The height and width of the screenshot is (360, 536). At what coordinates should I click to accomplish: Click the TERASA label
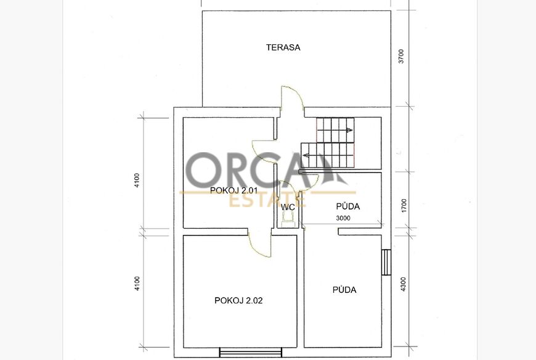tap(283, 47)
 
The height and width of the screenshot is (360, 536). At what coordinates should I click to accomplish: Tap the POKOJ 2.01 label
tap(233, 190)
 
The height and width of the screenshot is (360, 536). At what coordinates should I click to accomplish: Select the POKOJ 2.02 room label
tap(238, 300)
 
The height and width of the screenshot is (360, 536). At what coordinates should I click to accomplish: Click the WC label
tap(288, 207)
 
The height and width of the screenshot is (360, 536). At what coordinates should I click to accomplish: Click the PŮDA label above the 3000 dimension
tap(347, 206)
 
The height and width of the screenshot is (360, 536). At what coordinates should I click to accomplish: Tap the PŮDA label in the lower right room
tap(344, 290)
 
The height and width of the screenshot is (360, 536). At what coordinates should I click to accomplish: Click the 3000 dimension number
tap(343, 218)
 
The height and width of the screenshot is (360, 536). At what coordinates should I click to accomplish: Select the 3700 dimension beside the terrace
tap(401, 57)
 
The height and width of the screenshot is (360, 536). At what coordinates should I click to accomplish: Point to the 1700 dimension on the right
tap(404, 206)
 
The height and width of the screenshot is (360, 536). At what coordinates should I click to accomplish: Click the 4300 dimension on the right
tap(404, 284)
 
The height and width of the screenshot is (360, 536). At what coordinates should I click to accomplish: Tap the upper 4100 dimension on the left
tap(137, 180)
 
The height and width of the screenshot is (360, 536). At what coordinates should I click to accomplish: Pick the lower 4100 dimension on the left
tap(137, 284)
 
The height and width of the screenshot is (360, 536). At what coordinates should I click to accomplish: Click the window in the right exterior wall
tap(386, 262)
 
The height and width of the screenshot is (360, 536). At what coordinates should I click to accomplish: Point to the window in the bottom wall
tap(251, 352)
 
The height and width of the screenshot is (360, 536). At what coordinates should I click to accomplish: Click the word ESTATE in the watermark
tap(267, 201)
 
